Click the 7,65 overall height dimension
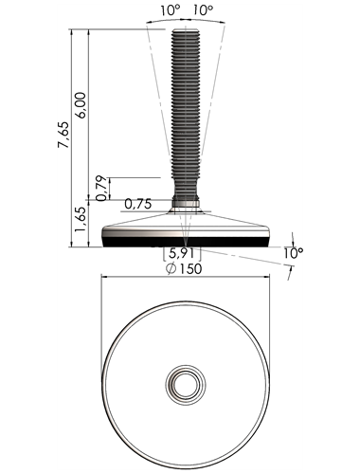63,135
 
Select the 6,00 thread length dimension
81,105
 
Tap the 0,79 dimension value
101,189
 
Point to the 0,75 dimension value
138,204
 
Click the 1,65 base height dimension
80,220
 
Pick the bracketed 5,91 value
182,254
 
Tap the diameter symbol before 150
171,269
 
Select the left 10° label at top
170,10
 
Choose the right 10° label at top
203,10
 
